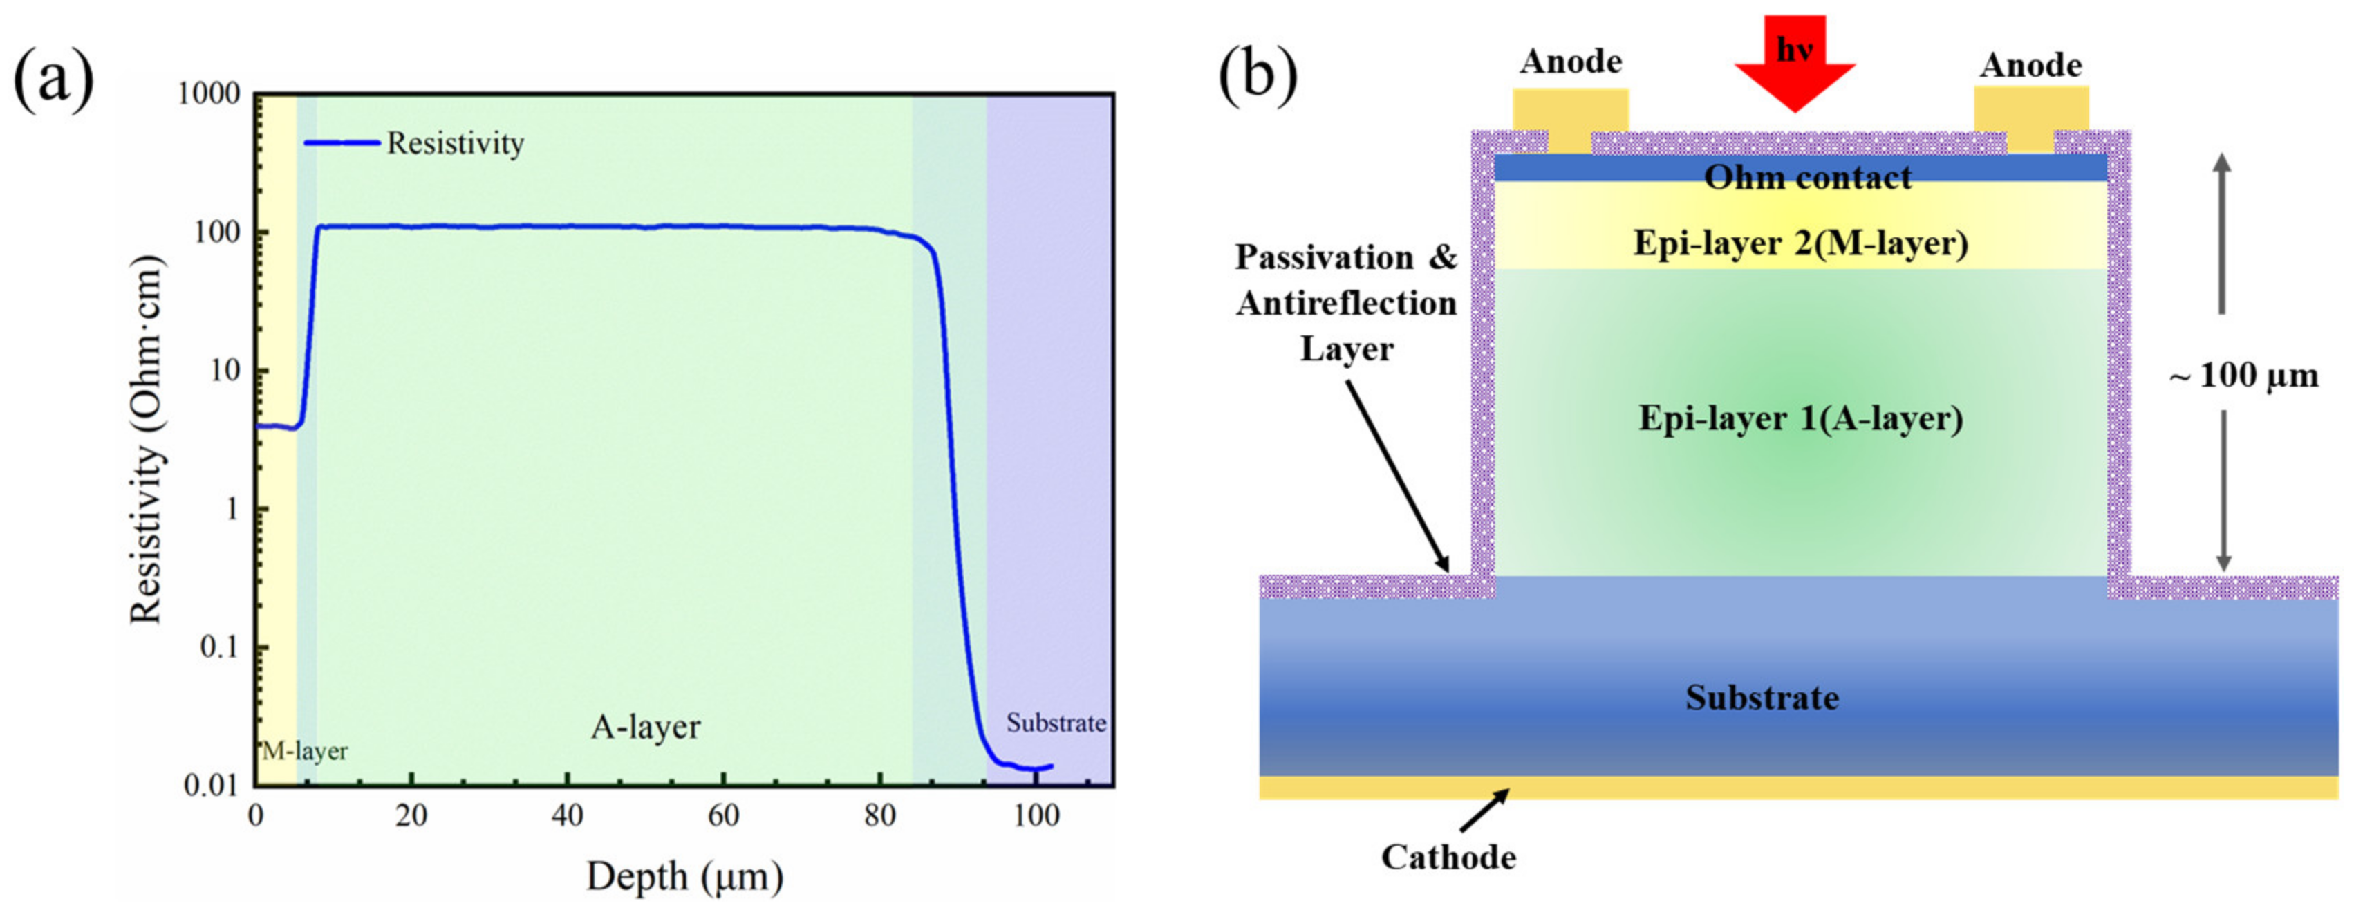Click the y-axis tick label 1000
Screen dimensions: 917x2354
[x=209, y=94]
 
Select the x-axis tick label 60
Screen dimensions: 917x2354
[x=724, y=815]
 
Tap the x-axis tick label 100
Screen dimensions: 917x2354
[x=1036, y=815]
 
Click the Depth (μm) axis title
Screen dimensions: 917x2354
[x=684, y=876]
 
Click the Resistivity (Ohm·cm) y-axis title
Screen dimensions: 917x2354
[x=146, y=440]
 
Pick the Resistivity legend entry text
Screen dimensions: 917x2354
[x=455, y=144]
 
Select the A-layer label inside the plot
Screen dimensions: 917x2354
[x=645, y=727]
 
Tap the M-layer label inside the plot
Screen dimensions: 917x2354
[x=305, y=752]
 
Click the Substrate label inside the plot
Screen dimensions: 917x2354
[x=1056, y=723]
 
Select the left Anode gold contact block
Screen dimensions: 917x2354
[x=1570, y=119]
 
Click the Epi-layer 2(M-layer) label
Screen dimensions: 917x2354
[x=1800, y=243]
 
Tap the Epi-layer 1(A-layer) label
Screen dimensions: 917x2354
[x=1800, y=418]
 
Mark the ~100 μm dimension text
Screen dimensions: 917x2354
[x=2243, y=376]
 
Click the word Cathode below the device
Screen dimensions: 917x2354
[x=1448, y=858]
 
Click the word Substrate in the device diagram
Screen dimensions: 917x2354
[x=1762, y=698]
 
